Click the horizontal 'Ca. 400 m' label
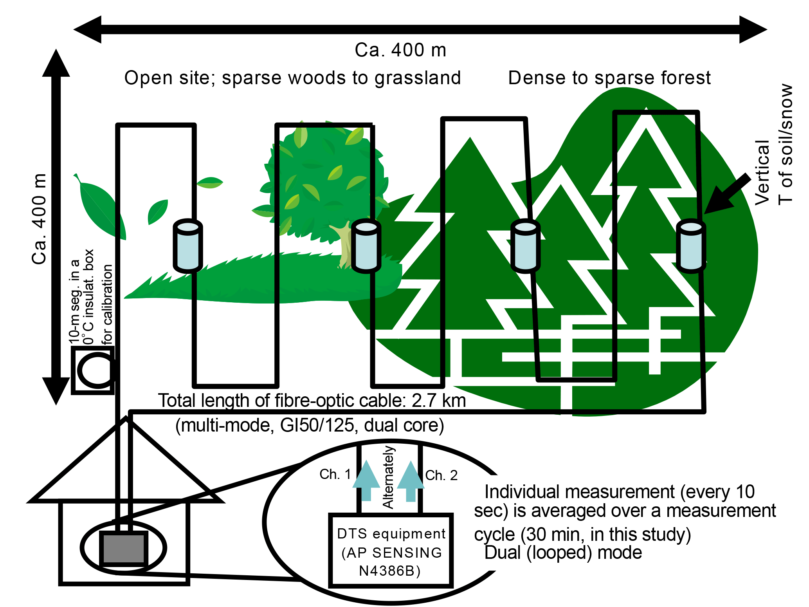coord(400,50)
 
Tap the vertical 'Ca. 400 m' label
coord(39,219)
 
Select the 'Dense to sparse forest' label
coord(609,78)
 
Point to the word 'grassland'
coord(418,78)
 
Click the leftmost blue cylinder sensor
coord(188,246)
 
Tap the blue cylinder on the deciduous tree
coord(366,246)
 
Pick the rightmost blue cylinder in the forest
coord(691,246)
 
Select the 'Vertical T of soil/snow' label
coord(774,145)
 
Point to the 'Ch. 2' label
coord(441,475)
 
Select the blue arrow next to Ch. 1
coord(366,481)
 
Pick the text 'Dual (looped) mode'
coord(563,553)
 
